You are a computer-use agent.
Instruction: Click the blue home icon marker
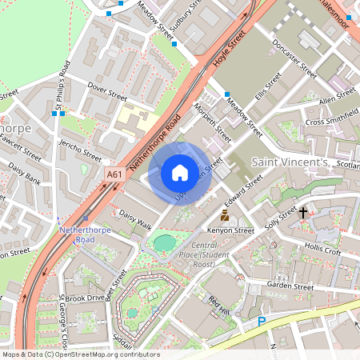click(180, 173)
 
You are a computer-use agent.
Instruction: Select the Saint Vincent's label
click(290, 162)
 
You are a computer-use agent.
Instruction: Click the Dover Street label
click(107, 95)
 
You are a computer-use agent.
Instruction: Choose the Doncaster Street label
click(294, 57)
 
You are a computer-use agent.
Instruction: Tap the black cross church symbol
click(302, 213)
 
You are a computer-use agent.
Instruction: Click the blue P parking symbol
click(262, 322)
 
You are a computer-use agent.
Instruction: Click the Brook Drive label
click(85, 298)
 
